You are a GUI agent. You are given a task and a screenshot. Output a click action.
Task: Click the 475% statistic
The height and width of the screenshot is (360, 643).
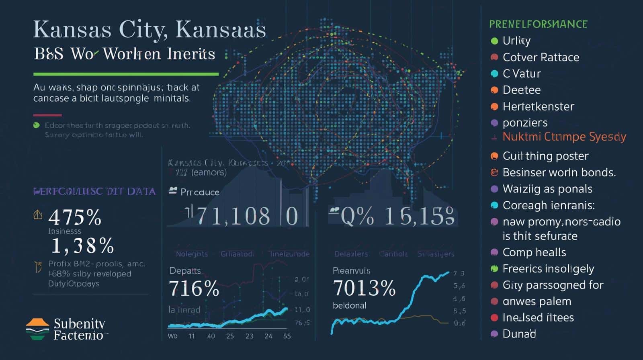(x=75, y=218)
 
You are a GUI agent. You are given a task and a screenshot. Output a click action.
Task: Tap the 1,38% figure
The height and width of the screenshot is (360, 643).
(x=83, y=246)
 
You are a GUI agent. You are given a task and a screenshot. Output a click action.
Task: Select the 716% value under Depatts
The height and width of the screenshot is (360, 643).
(x=194, y=288)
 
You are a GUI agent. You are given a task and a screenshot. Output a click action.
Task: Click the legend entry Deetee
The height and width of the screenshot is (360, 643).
(x=521, y=90)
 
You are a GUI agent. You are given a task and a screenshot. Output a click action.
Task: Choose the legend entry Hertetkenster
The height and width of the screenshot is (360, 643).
(x=538, y=106)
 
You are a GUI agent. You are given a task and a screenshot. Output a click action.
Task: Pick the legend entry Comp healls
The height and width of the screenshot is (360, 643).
(x=534, y=252)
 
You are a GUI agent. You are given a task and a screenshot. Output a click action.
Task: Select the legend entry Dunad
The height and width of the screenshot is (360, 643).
(x=519, y=334)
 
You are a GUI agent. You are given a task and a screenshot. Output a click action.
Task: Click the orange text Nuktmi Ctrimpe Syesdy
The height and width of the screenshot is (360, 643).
(x=564, y=137)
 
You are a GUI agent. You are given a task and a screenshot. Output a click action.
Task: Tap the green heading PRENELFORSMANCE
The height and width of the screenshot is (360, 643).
(x=538, y=24)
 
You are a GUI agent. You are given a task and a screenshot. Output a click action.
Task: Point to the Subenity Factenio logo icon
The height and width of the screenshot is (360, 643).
(x=37, y=329)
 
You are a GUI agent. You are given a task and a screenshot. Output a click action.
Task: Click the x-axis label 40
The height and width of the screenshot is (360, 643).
(x=211, y=336)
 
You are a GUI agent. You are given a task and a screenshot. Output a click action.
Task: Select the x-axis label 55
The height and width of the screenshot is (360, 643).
(x=287, y=336)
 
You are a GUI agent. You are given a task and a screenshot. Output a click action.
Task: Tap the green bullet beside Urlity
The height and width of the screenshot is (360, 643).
(x=494, y=41)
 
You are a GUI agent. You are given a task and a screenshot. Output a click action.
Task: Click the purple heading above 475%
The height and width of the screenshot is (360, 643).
(x=94, y=191)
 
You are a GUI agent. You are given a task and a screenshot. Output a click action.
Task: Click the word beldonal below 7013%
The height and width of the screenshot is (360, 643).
(x=349, y=305)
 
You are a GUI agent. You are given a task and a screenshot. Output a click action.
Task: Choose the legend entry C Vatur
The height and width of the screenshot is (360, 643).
(x=521, y=74)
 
